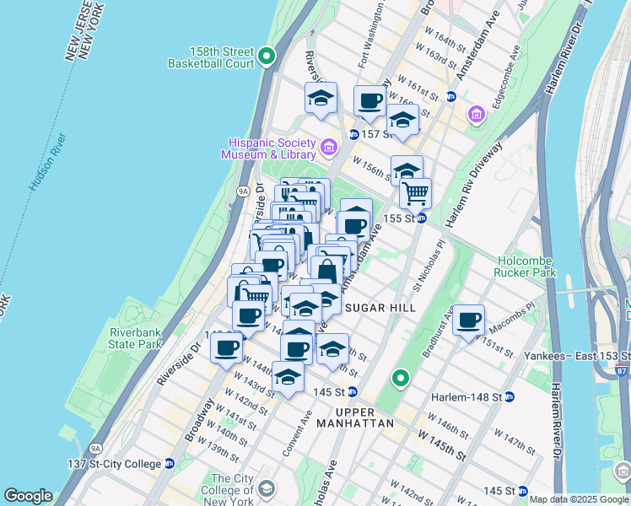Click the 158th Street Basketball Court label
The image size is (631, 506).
click(211, 57)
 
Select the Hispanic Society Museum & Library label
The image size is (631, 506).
click(268, 148)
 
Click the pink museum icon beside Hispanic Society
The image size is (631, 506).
click(329, 148)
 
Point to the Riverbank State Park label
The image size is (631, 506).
click(135, 338)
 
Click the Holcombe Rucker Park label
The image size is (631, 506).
click(526, 266)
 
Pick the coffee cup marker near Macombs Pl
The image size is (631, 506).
click(468, 320)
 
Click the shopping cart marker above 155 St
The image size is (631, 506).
click(415, 193)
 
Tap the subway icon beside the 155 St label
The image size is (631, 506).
click(420, 218)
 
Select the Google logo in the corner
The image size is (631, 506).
click(28, 496)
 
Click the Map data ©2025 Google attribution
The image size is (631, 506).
click(579, 499)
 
